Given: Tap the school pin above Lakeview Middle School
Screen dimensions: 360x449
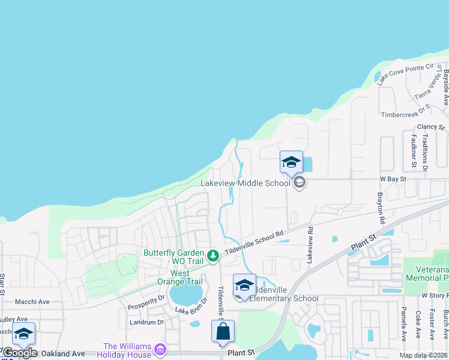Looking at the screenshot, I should click(x=291, y=163).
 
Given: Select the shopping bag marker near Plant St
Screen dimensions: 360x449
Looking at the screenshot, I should click(x=223, y=332).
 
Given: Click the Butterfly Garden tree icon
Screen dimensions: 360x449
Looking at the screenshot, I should click(x=212, y=256).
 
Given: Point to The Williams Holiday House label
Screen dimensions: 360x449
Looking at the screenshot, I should click(x=128, y=350).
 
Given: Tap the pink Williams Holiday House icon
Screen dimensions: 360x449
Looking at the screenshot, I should click(x=160, y=349).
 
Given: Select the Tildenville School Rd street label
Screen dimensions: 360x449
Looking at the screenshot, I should click(x=253, y=242).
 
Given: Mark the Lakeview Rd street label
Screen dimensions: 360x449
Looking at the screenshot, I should click(x=310, y=245).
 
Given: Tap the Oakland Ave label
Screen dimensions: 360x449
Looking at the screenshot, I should click(x=62, y=354).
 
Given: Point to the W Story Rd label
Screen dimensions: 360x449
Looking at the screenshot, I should click(x=435, y=295).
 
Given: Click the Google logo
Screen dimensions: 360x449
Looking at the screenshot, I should click(x=20, y=353).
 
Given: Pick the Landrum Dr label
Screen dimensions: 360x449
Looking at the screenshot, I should click(x=146, y=322).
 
